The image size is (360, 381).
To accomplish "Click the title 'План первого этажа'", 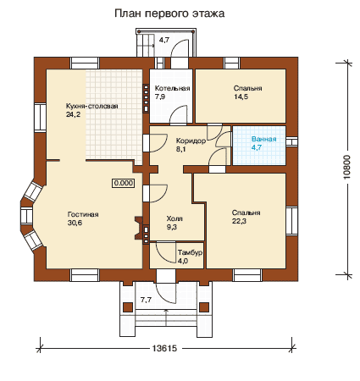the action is click(169, 14).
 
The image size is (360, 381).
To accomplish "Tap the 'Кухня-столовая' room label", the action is click(91, 106).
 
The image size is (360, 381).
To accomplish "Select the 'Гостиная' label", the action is click(83, 214).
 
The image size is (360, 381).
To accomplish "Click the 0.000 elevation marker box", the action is click(124, 183).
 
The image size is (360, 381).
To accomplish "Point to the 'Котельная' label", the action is click(172, 88).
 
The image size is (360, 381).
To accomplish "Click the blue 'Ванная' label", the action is click(263, 139).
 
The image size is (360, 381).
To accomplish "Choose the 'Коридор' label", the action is click(191, 141).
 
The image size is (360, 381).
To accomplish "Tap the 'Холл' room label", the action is click(174, 218).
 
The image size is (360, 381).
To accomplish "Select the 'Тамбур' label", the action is click(190, 252).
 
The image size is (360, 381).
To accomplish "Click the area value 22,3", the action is click(239, 221).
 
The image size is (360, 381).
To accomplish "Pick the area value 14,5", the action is click(241, 97).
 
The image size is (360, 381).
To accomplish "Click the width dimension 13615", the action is click(164, 348).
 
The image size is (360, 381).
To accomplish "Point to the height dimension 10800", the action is click(346, 167).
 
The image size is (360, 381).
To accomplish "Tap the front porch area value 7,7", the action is click(146, 300).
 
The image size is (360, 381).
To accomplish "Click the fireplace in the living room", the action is click(138, 228).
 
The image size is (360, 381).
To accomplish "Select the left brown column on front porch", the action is click(128, 307).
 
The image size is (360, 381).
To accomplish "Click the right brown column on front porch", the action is click(204, 307).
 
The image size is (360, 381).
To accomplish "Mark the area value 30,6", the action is click(75, 223).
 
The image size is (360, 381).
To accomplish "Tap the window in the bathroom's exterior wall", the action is click(291, 141).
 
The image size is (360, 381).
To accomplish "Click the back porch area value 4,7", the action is click(164, 40).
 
